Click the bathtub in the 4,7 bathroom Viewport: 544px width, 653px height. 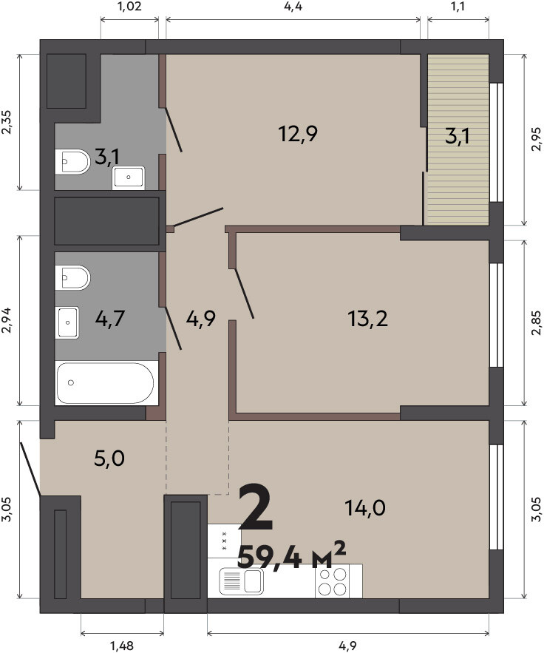(106, 383)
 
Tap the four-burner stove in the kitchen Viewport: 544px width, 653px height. (333, 581)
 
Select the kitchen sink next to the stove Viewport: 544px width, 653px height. (242, 581)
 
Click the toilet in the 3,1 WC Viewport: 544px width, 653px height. (72, 161)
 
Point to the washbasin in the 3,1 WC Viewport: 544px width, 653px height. (128, 177)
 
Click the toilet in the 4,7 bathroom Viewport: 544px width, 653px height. (72, 277)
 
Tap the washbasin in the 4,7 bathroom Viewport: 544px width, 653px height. (67, 322)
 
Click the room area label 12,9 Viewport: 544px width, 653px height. (298, 134)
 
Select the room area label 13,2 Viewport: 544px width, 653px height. (367, 319)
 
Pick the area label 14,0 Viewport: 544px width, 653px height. (365, 507)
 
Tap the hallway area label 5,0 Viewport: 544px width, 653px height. (109, 459)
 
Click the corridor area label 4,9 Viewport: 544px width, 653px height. (200, 319)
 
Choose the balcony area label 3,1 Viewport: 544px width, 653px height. (458, 136)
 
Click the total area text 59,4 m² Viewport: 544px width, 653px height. (291, 555)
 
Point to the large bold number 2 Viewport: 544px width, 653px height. (256, 507)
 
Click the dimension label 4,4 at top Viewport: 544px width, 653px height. (293, 7)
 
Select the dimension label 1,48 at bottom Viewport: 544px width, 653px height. (122, 646)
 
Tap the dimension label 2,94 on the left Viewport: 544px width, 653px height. (7, 321)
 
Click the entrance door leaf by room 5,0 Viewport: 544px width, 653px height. (30, 469)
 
